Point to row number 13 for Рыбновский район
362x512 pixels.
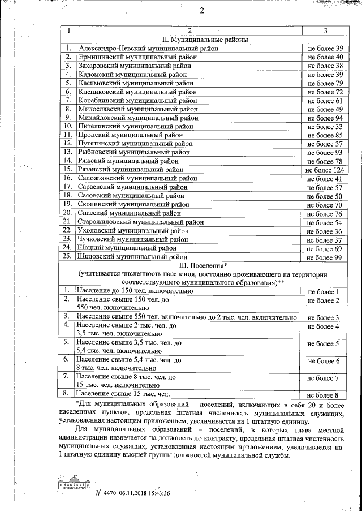68,152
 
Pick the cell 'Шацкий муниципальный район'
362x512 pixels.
127,247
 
